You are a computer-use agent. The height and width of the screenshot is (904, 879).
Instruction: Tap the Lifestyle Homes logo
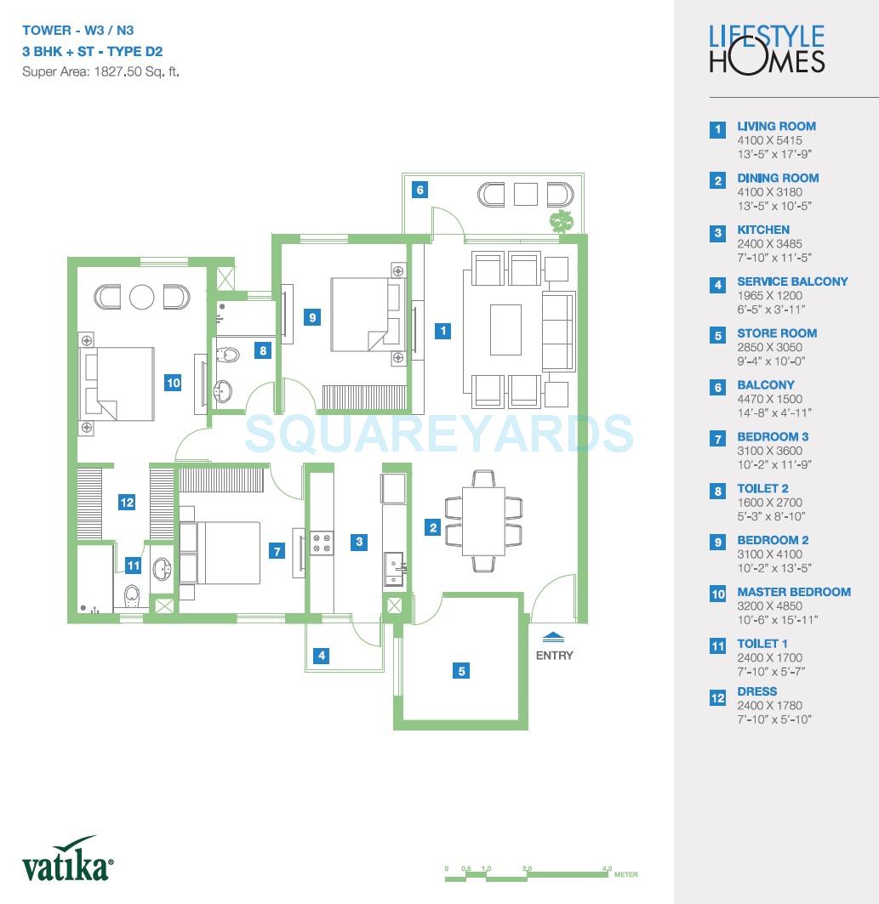[767, 48]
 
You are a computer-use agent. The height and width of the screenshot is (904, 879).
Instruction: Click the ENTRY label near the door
[554, 655]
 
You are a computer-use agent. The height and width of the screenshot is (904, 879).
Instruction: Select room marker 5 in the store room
[462, 671]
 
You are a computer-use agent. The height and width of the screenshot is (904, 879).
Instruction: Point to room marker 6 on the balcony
[420, 190]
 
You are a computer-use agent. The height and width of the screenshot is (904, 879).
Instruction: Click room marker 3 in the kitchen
[360, 542]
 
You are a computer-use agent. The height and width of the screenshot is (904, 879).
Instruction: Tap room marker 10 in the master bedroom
[174, 383]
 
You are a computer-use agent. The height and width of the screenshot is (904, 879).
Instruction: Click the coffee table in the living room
[505, 329]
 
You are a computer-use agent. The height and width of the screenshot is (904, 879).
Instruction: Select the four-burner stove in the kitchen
[321, 543]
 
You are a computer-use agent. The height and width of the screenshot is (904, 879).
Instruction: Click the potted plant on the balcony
[560, 220]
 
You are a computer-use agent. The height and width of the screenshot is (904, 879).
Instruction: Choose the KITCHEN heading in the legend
[762, 230]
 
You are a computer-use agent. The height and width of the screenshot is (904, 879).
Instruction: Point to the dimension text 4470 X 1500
[769, 399]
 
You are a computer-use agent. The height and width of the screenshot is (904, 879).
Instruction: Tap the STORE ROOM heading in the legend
[776, 333]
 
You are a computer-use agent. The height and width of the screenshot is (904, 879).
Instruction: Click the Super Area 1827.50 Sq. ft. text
[100, 71]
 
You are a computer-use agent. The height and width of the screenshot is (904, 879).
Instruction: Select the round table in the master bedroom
[141, 297]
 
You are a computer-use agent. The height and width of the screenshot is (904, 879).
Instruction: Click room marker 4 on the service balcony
[321, 656]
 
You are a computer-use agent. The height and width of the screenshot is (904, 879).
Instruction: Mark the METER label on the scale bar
[625, 874]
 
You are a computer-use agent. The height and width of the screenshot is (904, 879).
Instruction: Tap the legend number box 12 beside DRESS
[718, 698]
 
